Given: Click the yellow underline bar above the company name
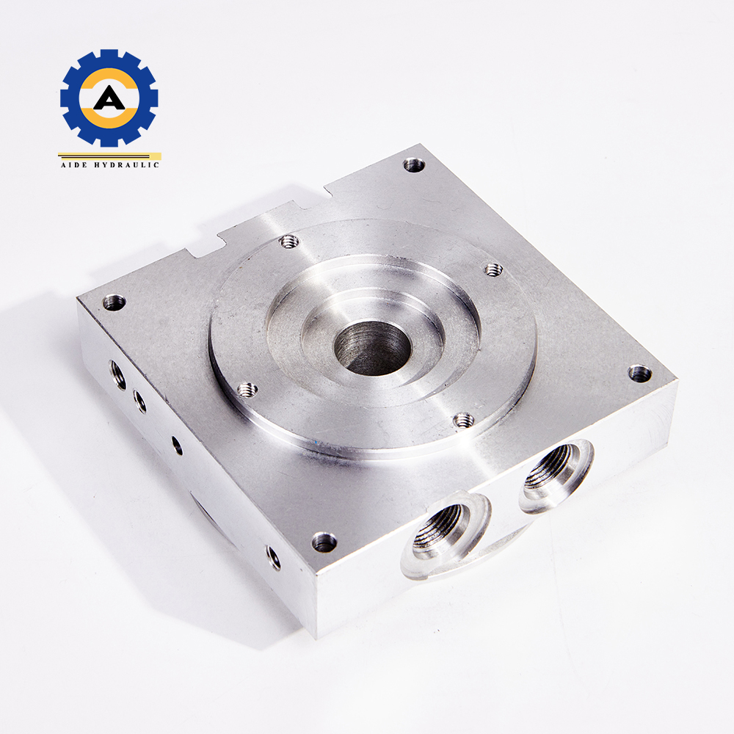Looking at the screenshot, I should tap(109, 155).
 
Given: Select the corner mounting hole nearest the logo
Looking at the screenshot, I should tap(114, 301).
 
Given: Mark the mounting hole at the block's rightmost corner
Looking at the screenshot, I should tap(640, 373).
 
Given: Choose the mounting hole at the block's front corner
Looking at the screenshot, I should tap(324, 542).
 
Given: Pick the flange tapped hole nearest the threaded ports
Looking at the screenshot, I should tap(464, 419).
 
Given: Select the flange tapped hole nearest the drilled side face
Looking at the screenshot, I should tap(247, 389).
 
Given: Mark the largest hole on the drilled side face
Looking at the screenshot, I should tap(117, 372).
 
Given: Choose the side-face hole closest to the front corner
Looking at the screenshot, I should tap(273, 557).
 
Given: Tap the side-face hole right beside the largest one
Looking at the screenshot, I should tap(139, 401).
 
